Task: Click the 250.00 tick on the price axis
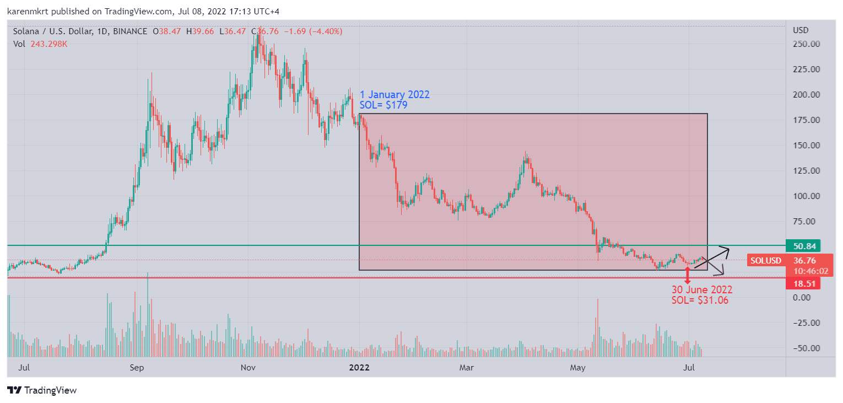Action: click(806, 44)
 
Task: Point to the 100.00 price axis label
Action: click(806, 196)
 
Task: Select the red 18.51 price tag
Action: click(804, 283)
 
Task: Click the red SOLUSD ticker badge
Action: click(766, 260)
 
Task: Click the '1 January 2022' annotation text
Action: click(395, 95)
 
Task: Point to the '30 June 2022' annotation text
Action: click(701, 290)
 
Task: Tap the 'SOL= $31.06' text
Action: click(700, 300)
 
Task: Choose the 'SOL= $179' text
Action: click(383, 105)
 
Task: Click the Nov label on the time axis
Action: click(248, 367)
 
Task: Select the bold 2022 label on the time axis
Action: click(359, 367)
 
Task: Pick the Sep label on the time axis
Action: click(138, 367)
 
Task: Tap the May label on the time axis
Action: click(577, 367)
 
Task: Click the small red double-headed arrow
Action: click(688, 273)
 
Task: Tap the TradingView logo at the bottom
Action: click(42, 390)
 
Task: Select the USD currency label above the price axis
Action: click(801, 30)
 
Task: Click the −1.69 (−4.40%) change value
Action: click(313, 31)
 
